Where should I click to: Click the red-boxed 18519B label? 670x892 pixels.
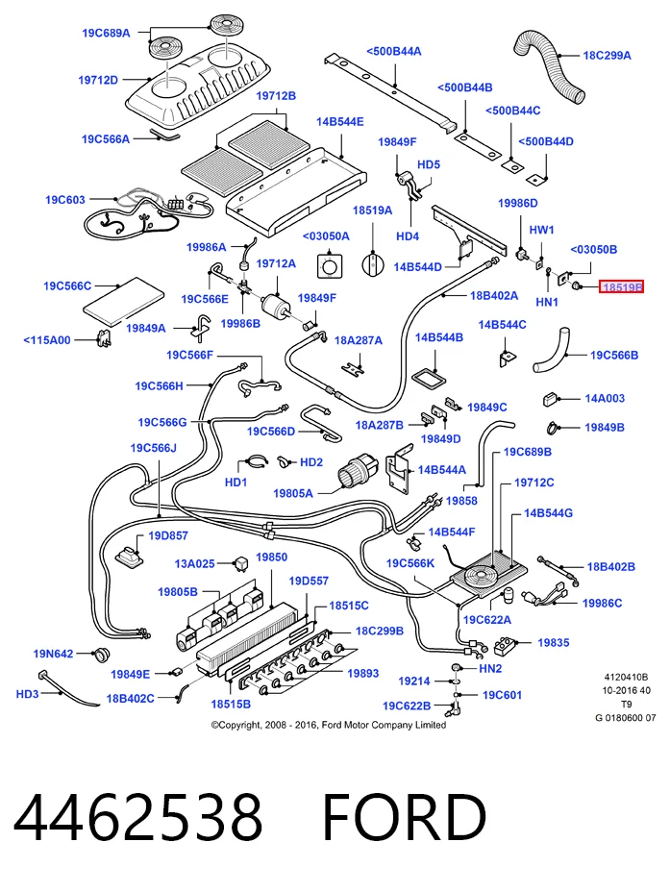[x=621, y=287]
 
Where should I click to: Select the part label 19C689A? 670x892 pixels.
[x=106, y=33]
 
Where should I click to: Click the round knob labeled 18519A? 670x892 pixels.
[x=372, y=265]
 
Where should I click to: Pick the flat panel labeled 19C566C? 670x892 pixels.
[x=123, y=301]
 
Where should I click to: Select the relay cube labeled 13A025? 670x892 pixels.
[x=241, y=564]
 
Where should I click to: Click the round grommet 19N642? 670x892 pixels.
[x=102, y=655]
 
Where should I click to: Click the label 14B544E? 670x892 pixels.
[x=340, y=122]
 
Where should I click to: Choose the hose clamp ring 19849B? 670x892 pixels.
[x=554, y=426]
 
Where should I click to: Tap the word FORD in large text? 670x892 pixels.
[x=405, y=818]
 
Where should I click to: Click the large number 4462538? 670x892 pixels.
[x=138, y=818]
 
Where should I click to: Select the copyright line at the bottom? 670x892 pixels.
[x=329, y=725]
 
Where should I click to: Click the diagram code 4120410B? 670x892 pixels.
[x=626, y=677]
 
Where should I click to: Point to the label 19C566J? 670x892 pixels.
[x=154, y=448]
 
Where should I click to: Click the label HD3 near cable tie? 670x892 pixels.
[x=27, y=694]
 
